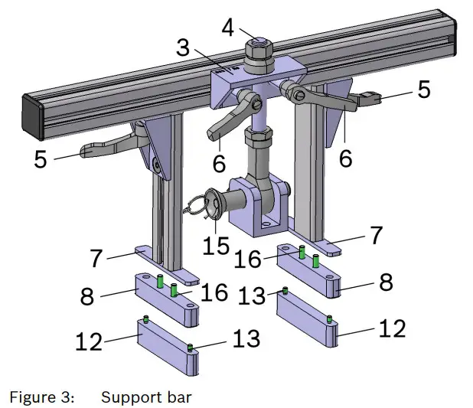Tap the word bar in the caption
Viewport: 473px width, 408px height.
(x=175, y=397)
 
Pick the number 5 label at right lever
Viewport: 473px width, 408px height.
(x=422, y=90)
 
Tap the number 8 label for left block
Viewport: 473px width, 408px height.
(x=87, y=295)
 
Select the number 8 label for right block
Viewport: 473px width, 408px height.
(x=386, y=282)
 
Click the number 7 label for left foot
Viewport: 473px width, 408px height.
(x=97, y=259)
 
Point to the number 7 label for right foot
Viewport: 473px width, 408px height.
(x=376, y=234)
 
